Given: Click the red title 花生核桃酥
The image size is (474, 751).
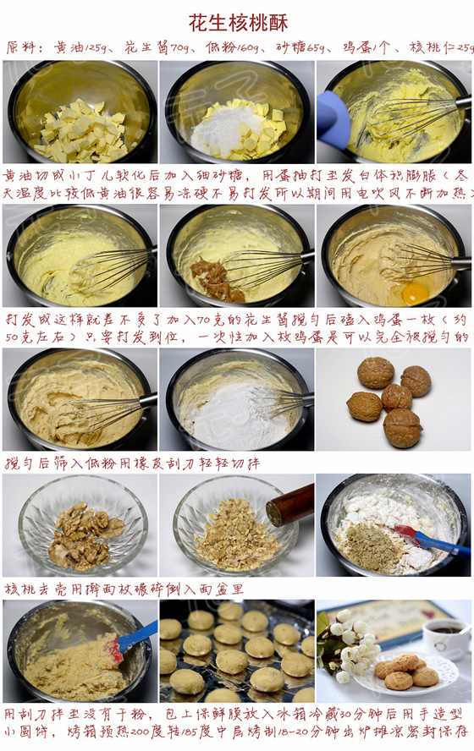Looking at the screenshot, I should click(238, 23).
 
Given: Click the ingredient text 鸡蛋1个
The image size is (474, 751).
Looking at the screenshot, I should click(370, 48).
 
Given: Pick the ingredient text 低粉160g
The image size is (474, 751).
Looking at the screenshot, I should click(231, 48).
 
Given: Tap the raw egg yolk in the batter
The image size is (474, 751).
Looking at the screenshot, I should click(415, 293).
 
